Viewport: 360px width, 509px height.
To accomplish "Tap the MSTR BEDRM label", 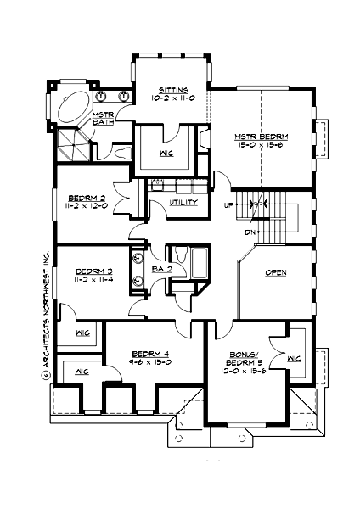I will point(262,137).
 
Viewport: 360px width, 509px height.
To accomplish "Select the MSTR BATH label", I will point(104,118).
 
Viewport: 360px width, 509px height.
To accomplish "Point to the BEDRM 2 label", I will point(87,194).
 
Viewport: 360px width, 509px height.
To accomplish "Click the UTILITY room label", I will point(183,204).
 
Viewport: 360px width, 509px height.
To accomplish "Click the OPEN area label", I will point(273,272).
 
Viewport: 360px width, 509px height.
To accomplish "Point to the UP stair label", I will point(228,205).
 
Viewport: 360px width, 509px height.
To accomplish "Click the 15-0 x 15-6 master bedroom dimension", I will point(262,146).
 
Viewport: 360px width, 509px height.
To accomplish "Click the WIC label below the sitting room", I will point(166,154).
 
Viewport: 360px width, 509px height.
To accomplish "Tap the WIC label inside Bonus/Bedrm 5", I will point(295,359).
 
